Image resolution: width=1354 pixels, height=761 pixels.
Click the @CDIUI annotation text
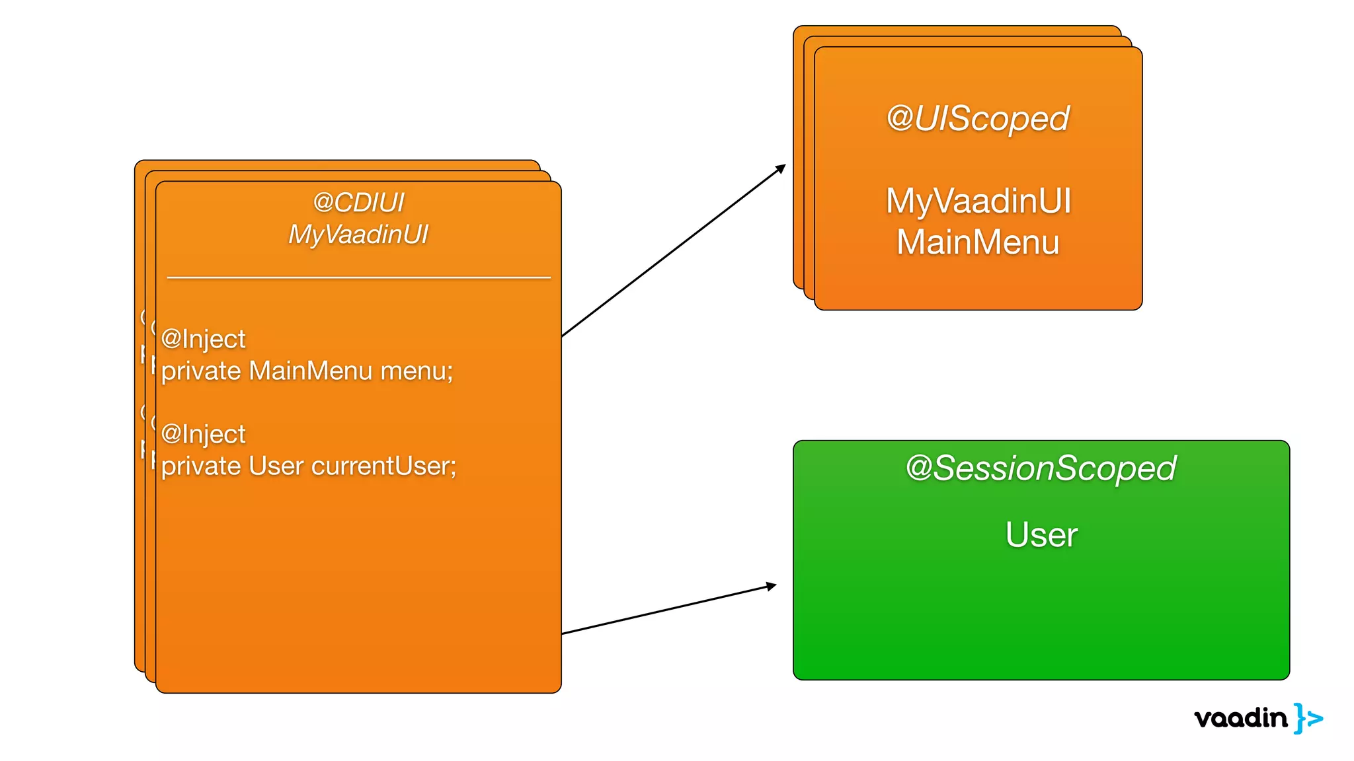(x=358, y=202)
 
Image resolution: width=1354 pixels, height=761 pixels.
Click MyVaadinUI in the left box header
(x=358, y=235)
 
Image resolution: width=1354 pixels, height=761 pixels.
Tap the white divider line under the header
(x=358, y=277)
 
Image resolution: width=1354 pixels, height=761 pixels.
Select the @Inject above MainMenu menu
(x=203, y=339)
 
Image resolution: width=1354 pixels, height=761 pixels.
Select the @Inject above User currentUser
(x=203, y=434)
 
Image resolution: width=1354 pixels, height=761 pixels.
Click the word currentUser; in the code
(x=383, y=466)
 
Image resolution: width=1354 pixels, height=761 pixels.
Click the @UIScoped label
(x=978, y=119)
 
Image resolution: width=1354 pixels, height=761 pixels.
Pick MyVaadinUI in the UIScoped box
(x=978, y=201)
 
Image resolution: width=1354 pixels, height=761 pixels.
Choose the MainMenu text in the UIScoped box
(x=978, y=242)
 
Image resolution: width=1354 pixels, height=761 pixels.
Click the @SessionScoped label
(x=1041, y=468)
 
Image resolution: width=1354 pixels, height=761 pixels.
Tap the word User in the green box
(x=1041, y=534)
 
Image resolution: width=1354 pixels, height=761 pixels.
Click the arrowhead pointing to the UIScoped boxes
(x=781, y=168)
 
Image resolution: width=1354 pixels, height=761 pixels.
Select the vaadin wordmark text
(x=1241, y=718)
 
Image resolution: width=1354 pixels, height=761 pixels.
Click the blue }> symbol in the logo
(x=1308, y=718)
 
